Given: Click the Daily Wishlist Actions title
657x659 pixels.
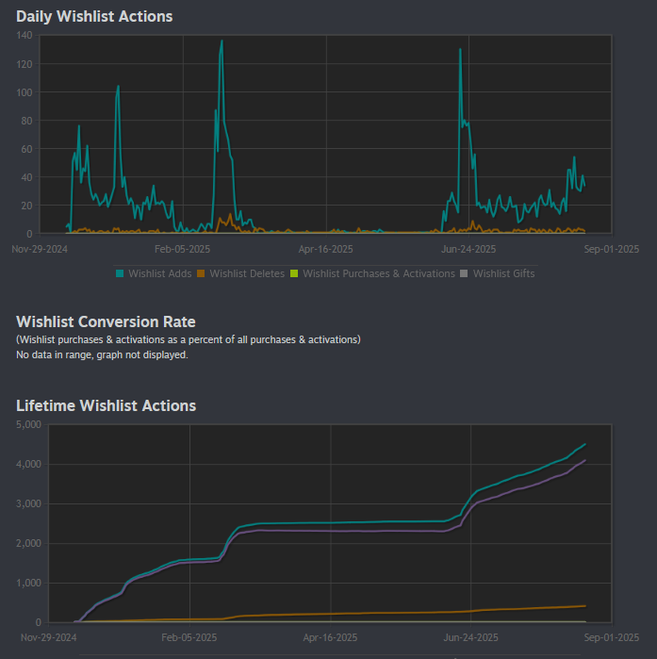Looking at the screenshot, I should click(x=94, y=16).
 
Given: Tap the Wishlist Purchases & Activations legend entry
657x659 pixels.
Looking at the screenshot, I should click(x=371, y=273).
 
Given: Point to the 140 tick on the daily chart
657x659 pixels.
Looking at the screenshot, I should click(x=25, y=36).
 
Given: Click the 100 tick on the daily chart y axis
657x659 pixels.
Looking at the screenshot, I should click(x=25, y=92).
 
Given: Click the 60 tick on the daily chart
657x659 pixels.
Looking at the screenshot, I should click(x=27, y=149).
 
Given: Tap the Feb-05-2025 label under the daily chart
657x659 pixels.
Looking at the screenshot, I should click(x=182, y=249).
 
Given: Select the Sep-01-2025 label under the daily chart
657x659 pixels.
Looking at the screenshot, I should click(x=612, y=249).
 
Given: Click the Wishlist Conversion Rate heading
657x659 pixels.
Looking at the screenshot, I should click(x=106, y=322).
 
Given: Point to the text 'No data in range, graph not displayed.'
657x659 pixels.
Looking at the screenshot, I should click(x=102, y=354).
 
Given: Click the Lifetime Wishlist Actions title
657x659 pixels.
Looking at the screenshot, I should click(x=106, y=405).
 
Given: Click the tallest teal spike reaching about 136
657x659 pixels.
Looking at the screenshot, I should click(x=222, y=41).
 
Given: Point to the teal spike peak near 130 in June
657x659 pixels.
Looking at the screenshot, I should click(x=460, y=49).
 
